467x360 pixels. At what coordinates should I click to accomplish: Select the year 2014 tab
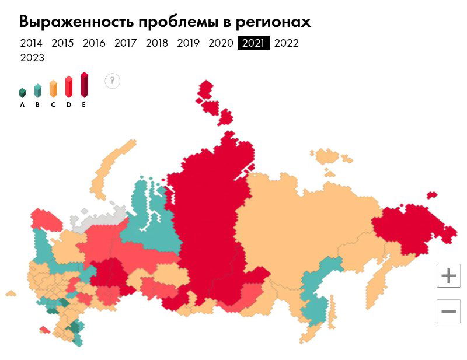click(x=31, y=43)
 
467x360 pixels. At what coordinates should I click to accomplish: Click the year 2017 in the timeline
click(x=126, y=43)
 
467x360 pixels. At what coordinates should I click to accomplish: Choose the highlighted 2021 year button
click(x=253, y=43)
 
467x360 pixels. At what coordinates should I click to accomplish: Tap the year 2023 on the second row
click(x=32, y=58)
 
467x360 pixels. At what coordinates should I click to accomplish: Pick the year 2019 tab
click(x=188, y=43)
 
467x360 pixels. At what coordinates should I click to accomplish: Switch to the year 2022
click(x=286, y=43)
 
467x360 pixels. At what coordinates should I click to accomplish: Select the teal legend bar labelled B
click(x=37, y=90)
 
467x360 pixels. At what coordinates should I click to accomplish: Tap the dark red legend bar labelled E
click(x=84, y=85)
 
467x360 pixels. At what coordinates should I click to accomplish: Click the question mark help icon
click(x=113, y=81)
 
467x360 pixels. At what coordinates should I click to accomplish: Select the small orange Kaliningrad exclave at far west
click(x=11, y=292)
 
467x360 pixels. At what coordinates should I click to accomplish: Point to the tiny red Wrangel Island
click(x=432, y=195)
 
